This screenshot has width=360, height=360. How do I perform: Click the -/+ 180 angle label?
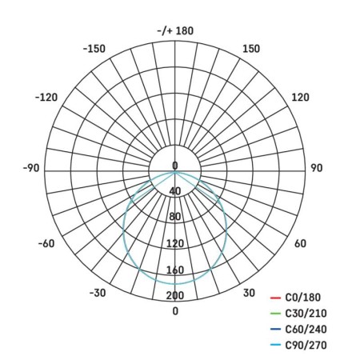175,30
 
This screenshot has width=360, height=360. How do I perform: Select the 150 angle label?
251,49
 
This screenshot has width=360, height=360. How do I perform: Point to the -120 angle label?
47,98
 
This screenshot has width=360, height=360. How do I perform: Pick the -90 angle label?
31,168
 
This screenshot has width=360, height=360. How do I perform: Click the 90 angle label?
316,168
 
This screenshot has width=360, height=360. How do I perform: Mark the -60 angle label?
46,243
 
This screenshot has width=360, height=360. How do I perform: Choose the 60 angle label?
301,243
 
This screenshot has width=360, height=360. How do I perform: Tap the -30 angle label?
98,293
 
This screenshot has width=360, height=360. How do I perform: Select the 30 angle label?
249,293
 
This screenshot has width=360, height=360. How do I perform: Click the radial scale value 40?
175,190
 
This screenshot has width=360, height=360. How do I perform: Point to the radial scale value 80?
175,217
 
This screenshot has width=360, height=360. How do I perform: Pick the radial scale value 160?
175,270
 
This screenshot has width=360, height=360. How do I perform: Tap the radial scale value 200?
175,295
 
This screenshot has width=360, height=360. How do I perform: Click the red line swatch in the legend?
275,298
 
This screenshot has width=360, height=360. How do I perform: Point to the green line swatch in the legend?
275,314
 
